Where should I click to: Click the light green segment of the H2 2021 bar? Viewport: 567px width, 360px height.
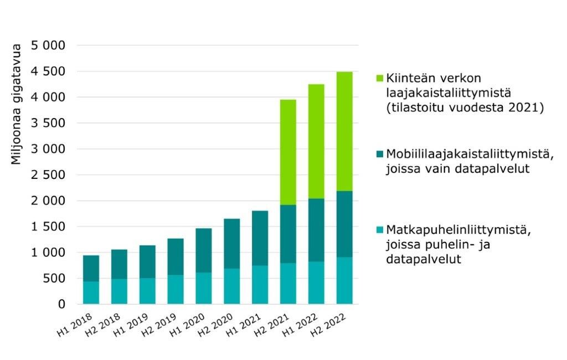[288, 152]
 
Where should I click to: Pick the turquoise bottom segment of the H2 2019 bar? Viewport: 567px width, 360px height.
[176, 290]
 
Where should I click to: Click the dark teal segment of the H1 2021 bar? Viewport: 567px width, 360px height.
[260, 238]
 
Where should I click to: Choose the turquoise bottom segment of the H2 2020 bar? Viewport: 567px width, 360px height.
[232, 286]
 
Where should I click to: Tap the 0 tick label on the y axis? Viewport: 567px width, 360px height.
[61, 304]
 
